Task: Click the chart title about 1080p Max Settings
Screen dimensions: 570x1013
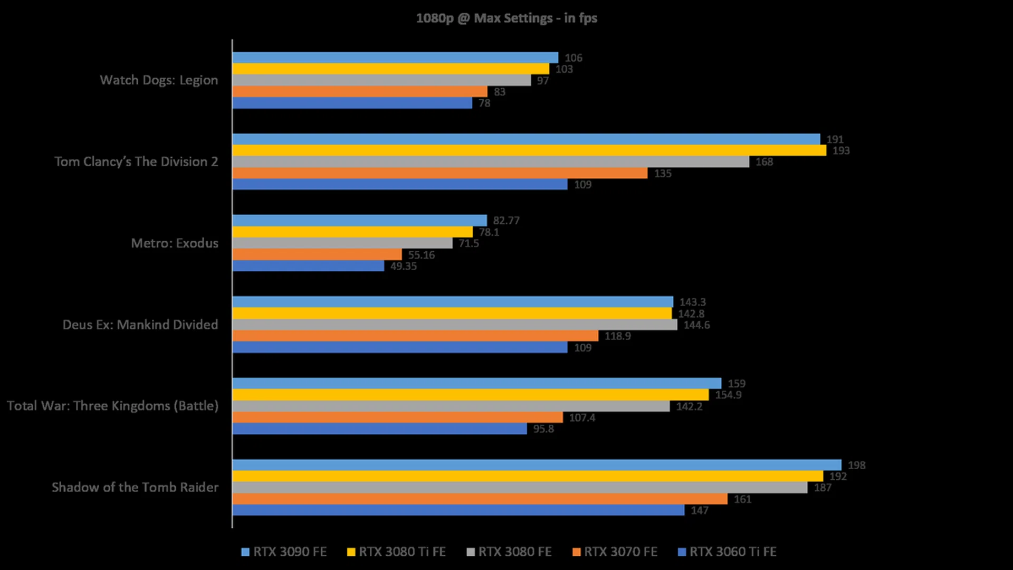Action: pos(506,18)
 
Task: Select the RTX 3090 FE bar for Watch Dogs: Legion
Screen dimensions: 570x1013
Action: pos(395,58)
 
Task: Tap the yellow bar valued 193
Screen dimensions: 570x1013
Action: pos(529,150)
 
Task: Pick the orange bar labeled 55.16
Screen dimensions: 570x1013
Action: pos(317,255)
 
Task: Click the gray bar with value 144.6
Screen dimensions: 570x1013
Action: pos(455,325)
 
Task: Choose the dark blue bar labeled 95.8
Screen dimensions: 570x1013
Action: pos(379,429)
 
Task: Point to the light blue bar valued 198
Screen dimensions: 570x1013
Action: pos(537,465)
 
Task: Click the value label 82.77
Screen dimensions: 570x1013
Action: pos(506,221)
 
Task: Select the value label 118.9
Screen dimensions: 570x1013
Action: pos(617,336)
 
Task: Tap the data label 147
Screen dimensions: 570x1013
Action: pos(699,510)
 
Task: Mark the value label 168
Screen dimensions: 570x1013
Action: pos(764,162)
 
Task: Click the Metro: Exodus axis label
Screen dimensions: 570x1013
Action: pos(175,243)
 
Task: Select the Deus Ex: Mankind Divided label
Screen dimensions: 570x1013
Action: pos(140,325)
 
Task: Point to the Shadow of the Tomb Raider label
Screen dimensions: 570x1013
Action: pos(135,487)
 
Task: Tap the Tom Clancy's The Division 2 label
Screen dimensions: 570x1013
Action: pos(136,161)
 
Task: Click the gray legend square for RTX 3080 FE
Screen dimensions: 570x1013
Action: pos(471,553)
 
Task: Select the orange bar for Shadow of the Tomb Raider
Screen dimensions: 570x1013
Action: pos(480,499)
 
